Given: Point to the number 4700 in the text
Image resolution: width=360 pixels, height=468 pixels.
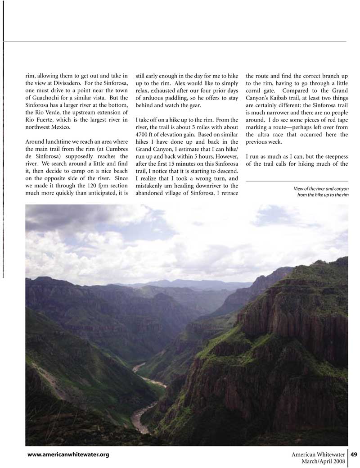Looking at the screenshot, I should [143, 135].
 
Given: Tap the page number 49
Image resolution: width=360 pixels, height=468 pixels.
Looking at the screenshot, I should [354, 454].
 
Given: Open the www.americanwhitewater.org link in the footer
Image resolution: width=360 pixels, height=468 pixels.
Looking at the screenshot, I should [68, 454].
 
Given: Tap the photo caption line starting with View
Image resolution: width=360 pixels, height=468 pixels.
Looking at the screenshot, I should [320, 188].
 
